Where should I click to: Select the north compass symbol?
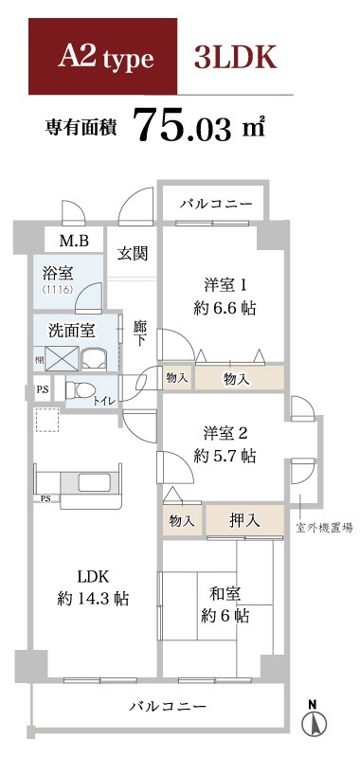coord(312,724)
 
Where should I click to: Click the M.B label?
coord(74,241)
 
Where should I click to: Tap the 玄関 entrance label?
coord(133,253)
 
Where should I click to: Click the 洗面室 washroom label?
coord(71,331)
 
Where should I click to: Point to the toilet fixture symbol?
coord(80,389)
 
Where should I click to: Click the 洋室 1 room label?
coord(225,284)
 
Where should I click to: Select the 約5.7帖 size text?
coord(225,456)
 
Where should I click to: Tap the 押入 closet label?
coord(244,520)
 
